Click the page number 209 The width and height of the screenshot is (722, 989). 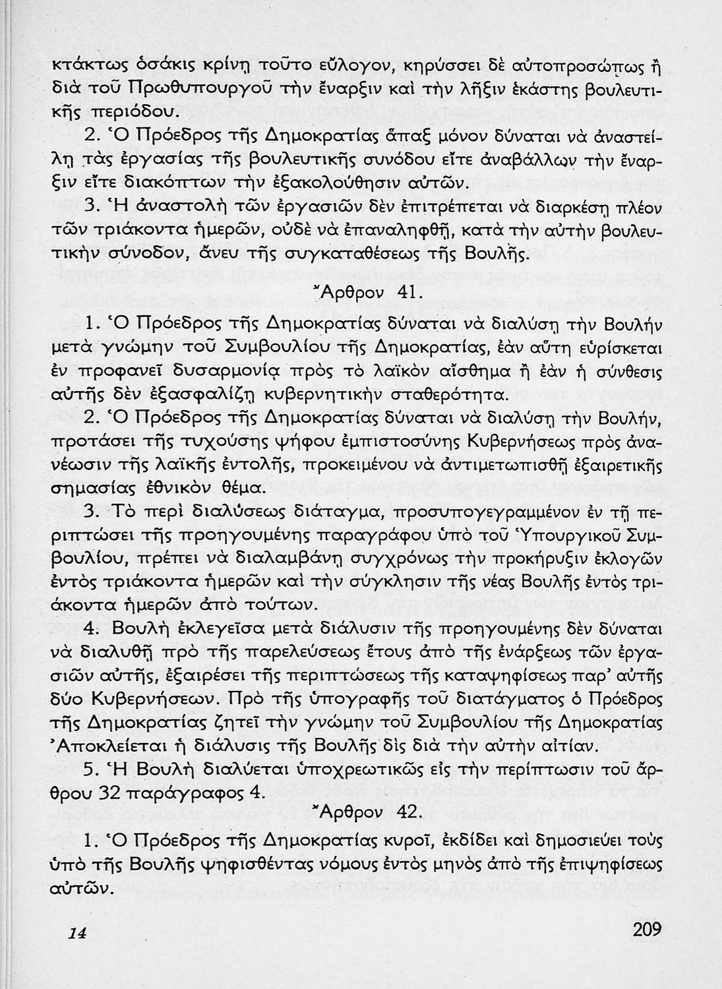click(646, 930)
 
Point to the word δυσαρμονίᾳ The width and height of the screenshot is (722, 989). click(227, 371)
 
